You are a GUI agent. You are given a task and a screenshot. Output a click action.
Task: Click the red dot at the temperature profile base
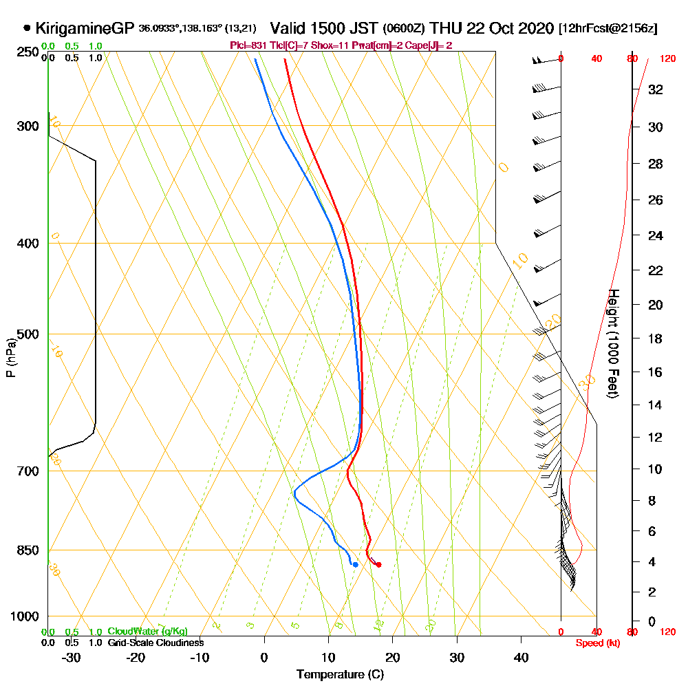[378, 565]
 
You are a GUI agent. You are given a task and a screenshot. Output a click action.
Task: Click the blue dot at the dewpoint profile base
[355, 565]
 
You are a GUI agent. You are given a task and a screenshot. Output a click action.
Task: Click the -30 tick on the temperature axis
[72, 657]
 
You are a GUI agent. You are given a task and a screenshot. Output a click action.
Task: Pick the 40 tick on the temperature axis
[521, 657]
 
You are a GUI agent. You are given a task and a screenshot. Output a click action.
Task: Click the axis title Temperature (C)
[340, 675]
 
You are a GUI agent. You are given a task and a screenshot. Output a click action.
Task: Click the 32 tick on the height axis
[656, 89]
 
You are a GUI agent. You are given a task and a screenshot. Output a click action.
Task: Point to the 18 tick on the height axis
[656, 338]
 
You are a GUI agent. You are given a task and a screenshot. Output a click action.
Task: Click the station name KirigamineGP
[84, 29]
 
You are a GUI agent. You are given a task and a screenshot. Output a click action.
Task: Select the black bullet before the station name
[27, 29]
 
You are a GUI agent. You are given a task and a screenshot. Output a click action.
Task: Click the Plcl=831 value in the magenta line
[247, 45]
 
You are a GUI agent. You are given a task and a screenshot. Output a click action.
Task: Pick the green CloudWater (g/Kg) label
[147, 632]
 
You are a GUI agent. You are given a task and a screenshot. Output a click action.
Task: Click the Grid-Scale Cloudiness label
[155, 643]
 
